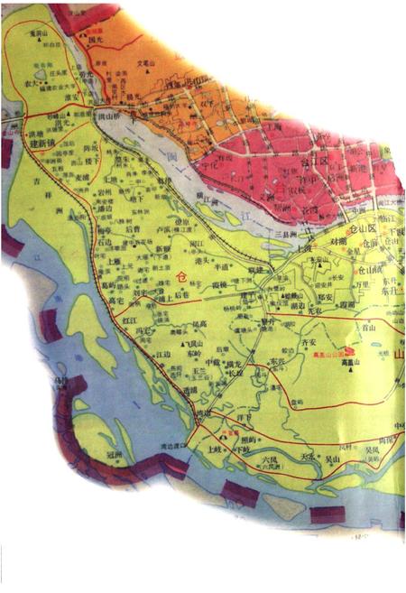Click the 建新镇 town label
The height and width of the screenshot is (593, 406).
click(46, 144)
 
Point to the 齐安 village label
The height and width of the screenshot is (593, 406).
click(308, 343)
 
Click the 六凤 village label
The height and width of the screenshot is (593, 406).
click(268, 459)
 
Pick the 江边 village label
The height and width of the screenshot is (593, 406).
click(162, 355)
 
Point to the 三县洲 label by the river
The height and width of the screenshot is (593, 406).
click(287, 234)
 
